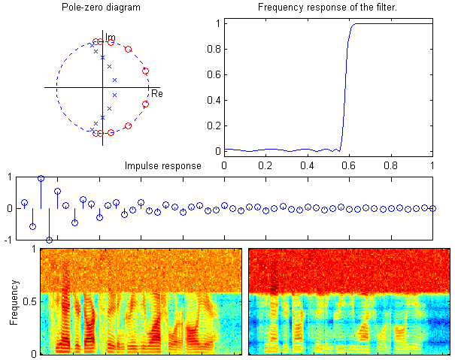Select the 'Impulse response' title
pos(162,166)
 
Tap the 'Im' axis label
pos(111,37)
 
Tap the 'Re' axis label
pos(157,94)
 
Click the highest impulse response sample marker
pos(41,179)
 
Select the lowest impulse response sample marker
pos(49,240)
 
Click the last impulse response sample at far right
pos(432,209)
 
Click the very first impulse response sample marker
pos(24,203)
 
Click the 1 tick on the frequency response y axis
pos(218,23)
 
